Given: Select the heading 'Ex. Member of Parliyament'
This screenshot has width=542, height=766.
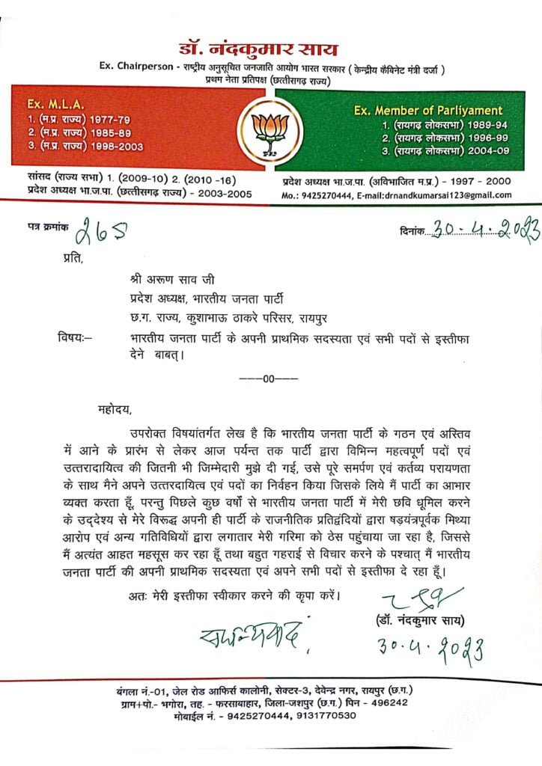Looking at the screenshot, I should coord(428,111).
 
